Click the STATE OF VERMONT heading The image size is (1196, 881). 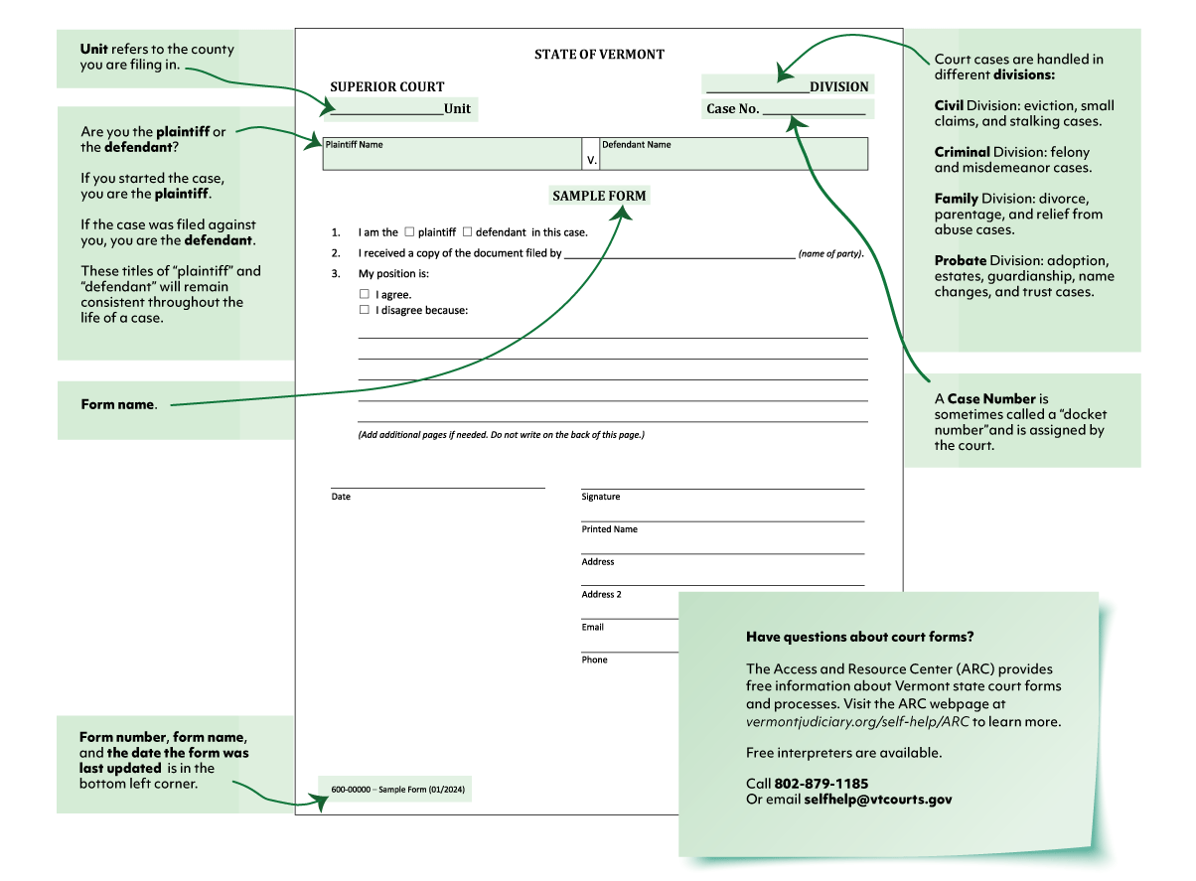coord(599,55)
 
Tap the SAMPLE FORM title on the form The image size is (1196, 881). coord(599,196)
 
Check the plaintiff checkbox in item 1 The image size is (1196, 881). coord(409,231)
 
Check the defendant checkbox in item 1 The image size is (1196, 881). coord(467,231)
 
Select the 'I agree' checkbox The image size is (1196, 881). coord(364,294)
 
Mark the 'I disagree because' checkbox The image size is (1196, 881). coord(364,310)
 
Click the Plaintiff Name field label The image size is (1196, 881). coord(355,145)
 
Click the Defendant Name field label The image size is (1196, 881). coord(636,145)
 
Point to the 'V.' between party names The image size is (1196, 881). coord(592,159)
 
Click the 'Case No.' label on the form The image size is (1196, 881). coord(733,109)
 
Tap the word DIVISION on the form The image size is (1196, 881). coord(838,86)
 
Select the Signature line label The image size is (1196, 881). coord(601,497)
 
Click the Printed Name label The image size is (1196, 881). coord(610,529)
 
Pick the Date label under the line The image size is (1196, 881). coord(341,497)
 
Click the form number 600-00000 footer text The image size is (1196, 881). coord(352,791)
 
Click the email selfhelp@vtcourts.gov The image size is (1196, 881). coord(877,799)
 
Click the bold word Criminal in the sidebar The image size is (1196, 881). coord(963,152)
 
